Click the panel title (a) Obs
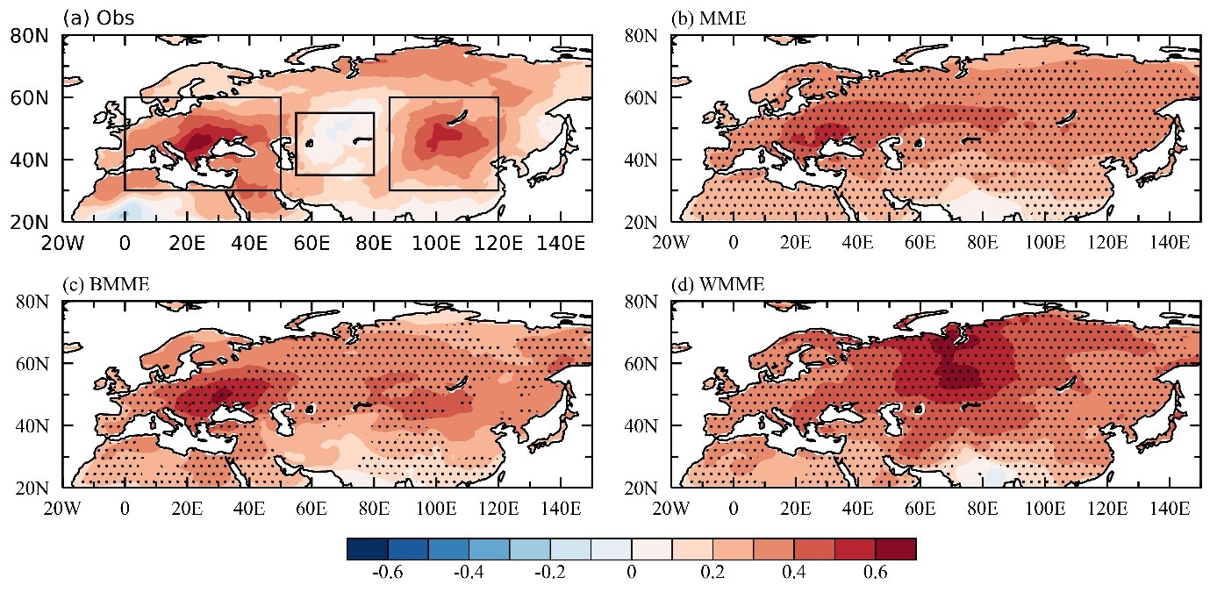(x=98, y=18)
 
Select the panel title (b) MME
(x=708, y=18)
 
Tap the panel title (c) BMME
(x=106, y=284)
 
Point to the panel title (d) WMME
(x=718, y=284)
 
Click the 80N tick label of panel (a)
(x=29, y=36)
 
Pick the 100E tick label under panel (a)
(x=436, y=243)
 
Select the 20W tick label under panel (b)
(x=671, y=242)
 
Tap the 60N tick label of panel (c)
(x=32, y=363)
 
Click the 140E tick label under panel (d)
(x=1170, y=509)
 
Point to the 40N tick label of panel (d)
(x=641, y=426)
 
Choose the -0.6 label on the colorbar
(x=387, y=572)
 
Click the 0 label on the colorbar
(x=632, y=572)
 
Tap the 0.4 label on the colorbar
(x=794, y=572)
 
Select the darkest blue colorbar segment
(x=368, y=549)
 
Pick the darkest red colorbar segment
(x=896, y=549)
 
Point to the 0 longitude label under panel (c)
(x=125, y=509)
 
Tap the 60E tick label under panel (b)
(x=920, y=242)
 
